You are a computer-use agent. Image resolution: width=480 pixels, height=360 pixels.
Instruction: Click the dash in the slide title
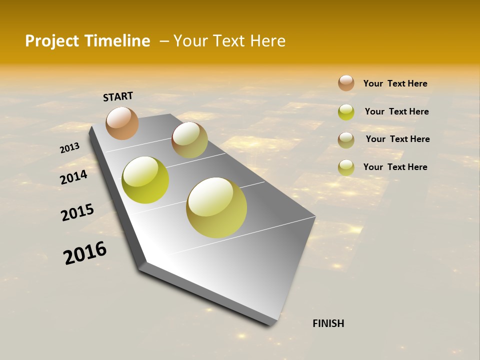[164, 41]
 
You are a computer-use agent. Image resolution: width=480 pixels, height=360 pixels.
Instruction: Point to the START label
[118, 96]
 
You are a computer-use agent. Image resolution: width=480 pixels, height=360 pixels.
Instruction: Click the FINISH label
[328, 323]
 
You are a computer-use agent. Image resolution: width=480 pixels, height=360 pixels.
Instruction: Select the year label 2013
[70, 147]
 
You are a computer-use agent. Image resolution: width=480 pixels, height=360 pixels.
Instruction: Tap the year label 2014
[74, 177]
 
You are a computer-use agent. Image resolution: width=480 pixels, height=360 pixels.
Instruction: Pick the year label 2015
[77, 212]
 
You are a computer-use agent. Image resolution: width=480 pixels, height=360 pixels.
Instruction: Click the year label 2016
[85, 252]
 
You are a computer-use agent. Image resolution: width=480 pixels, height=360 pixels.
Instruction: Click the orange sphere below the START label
[122, 123]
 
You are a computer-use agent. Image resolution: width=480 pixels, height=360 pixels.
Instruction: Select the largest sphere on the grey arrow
[216, 207]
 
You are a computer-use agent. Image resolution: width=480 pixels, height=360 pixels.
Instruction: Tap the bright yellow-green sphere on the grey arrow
[145, 180]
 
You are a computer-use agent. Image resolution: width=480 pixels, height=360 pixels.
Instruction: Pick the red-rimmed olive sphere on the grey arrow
[189, 140]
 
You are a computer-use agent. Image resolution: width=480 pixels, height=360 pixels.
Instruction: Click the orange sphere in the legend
[346, 83]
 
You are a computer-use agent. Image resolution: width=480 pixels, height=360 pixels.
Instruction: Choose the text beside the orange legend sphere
[395, 83]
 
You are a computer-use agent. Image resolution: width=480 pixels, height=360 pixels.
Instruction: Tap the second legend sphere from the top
[346, 112]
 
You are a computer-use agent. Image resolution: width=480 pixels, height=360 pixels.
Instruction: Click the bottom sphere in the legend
[346, 167]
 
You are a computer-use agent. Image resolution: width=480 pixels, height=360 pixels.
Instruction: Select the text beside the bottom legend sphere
[395, 167]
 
